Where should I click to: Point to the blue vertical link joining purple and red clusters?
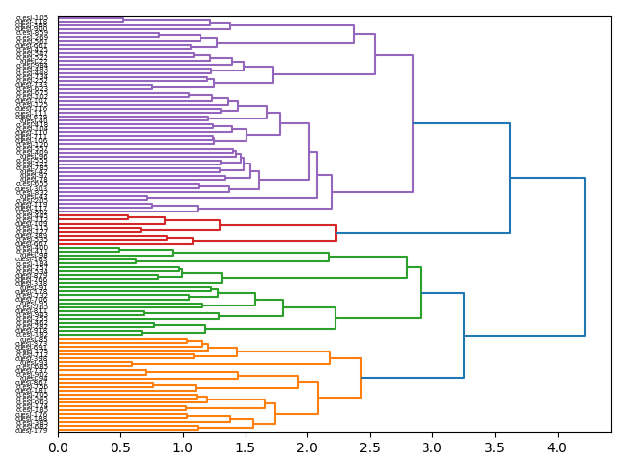coord(510,178)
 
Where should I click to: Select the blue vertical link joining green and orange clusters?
coord(464,334)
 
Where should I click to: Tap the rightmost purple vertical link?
coord(413,123)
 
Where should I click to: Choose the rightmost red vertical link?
coord(336,233)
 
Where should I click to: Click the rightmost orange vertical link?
coord(361,378)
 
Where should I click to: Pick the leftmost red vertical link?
coord(128,217)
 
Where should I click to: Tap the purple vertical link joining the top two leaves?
coord(123,19)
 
